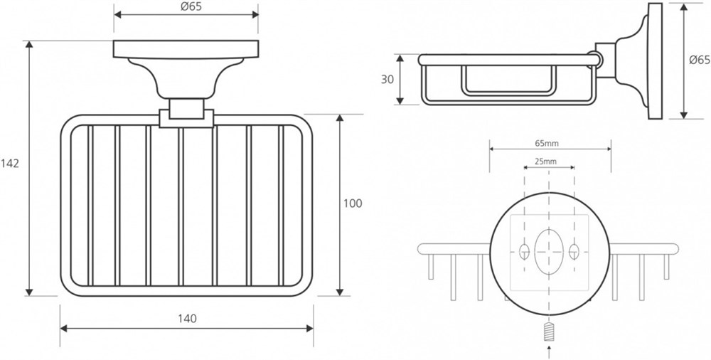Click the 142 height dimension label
coord(9,164)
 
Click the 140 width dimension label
coord(187,319)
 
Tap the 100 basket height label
coord(353,203)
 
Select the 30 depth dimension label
coord(387,80)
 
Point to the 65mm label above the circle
coord(546,144)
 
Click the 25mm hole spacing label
coord(545,162)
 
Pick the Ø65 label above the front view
coord(191,6)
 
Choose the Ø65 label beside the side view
coord(700,60)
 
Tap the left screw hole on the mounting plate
coord(524,251)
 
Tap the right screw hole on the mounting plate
coord(574,251)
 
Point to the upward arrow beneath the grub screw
coord(549,352)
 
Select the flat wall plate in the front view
coord(186,49)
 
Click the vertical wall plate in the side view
coord(655,61)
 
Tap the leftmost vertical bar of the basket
coord(90,205)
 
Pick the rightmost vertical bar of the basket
coord(281,205)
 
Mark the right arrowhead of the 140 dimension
coord(310,328)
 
